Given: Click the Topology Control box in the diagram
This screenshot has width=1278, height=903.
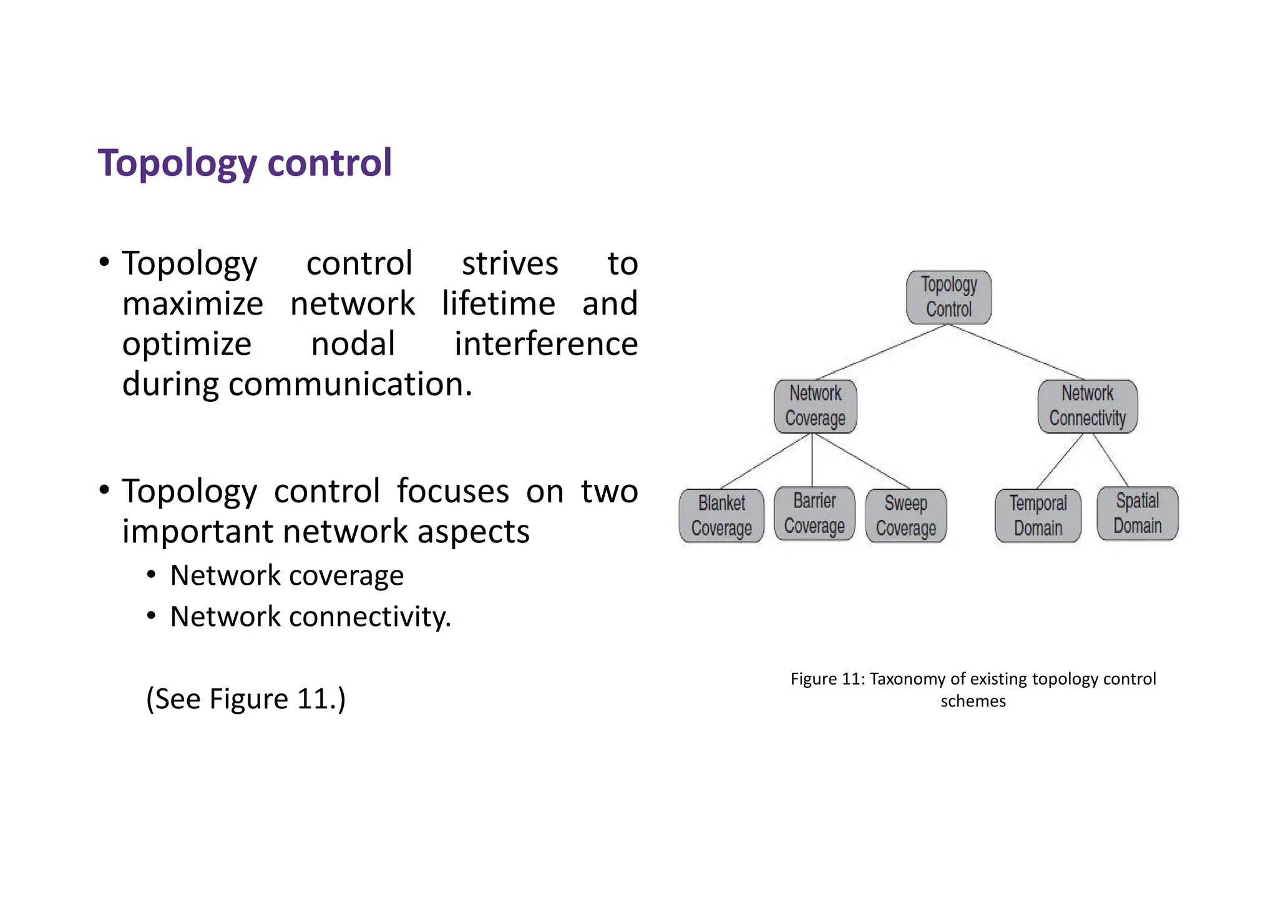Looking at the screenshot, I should tap(949, 297).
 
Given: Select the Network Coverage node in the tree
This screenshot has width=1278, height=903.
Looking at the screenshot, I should tap(815, 406).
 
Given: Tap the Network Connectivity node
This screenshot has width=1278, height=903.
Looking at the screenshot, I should tap(1087, 406).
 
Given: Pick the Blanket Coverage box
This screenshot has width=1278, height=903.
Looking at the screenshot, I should tap(721, 515).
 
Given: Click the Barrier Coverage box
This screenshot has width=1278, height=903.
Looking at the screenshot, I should tap(814, 514).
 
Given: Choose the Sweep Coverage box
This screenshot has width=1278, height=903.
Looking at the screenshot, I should tap(906, 515).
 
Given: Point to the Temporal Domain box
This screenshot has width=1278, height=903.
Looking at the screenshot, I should tap(1038, 515).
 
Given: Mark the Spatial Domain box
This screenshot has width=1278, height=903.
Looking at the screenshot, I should tap(1138, 514).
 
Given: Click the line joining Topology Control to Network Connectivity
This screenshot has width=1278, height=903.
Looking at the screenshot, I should tap(1017, 353).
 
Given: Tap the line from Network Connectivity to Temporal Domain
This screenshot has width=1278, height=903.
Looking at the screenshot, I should tap(1060, 461).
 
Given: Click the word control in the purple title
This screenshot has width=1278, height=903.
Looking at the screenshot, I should tap(329, 163).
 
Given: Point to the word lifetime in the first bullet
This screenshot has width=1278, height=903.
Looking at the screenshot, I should tap(498, 304).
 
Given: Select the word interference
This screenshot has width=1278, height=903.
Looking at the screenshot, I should tap(546, 344).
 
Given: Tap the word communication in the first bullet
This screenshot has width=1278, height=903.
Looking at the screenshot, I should tap(349, 384).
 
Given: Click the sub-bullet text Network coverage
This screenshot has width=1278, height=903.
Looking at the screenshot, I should tap(286, 575).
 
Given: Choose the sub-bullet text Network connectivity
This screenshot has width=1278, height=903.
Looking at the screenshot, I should tap(310, 617).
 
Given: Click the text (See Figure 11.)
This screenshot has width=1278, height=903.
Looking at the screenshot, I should tap(246, 699).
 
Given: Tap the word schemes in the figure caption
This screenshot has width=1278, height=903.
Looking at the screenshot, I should tap(973, 701).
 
